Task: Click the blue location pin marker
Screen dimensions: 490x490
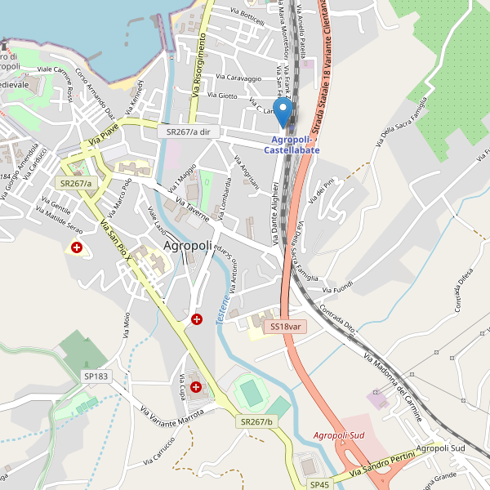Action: click(x=284, y=112)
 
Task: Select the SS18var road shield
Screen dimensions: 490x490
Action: click(x=286, y=327)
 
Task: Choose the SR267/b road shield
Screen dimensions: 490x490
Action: click(x=256, y=421)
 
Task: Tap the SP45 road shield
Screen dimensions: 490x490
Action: click(x=319, y=484)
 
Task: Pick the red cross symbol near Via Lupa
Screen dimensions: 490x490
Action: click(x=196, y=386)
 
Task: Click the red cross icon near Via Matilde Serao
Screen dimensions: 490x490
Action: click(x=77, y=247)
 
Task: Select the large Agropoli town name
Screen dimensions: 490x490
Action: click(x=188, y=245)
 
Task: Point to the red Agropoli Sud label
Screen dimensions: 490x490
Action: click(x=339, y=435)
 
